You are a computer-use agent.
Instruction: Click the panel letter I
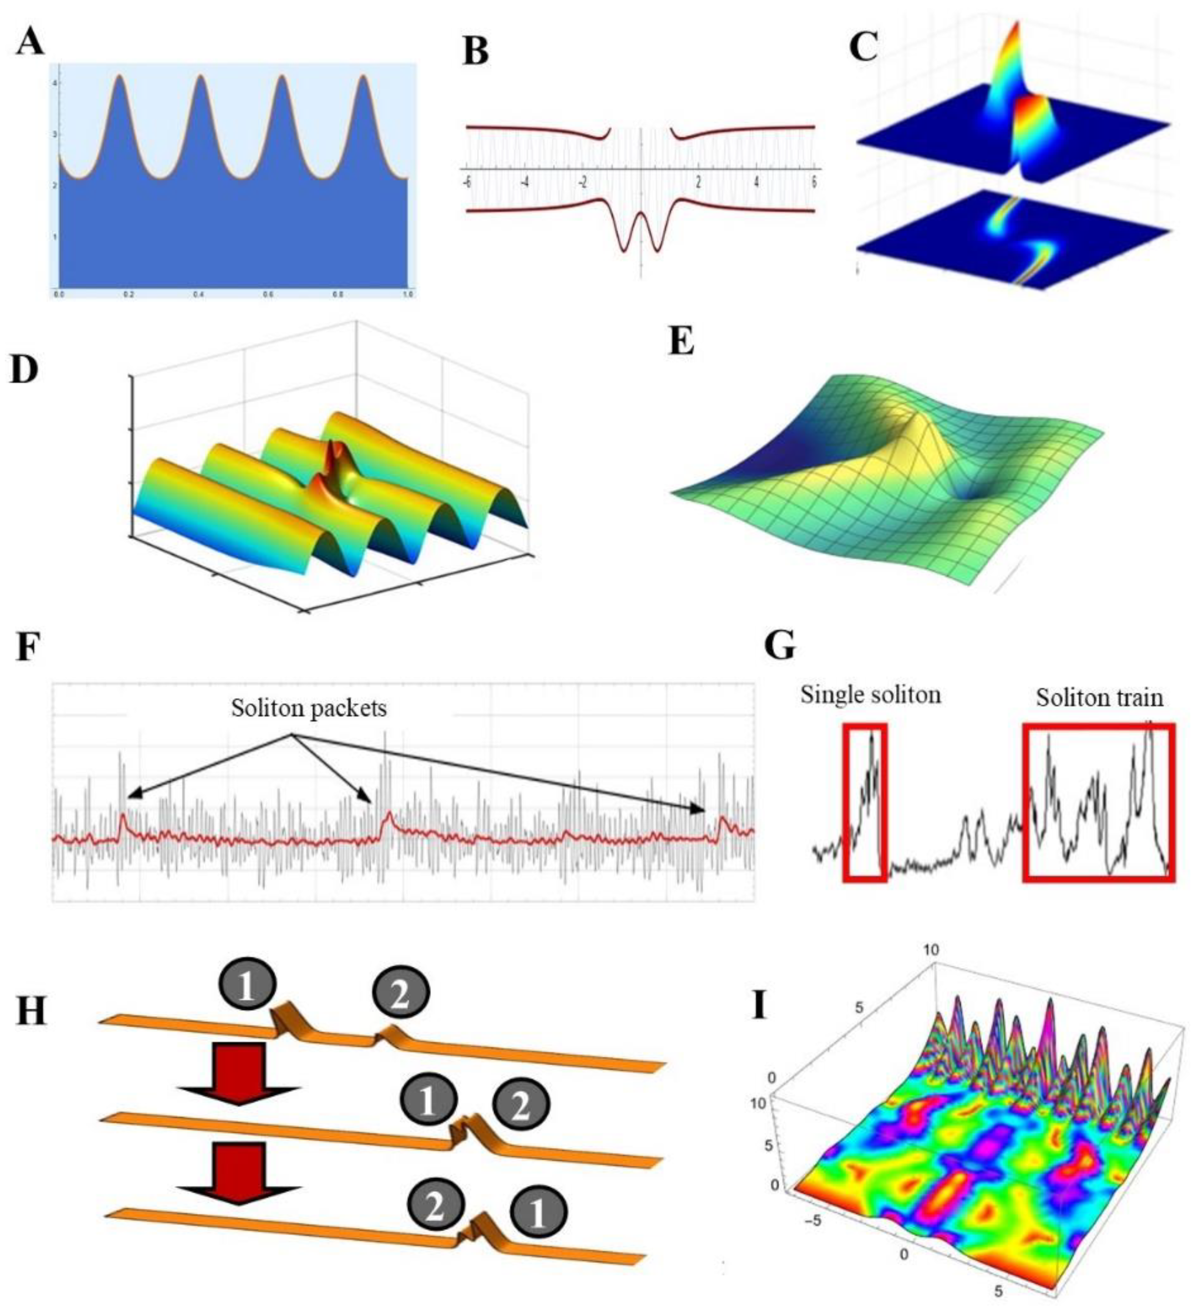[759, 1008]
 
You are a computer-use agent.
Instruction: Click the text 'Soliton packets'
[309, 708]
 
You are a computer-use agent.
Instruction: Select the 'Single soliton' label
[870, 695]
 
